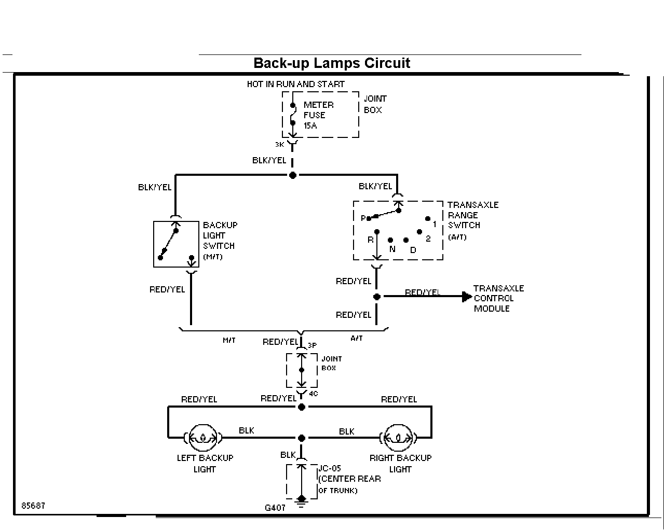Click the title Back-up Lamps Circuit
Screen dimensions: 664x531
[332, 63]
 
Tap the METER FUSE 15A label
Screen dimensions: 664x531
[318, 115]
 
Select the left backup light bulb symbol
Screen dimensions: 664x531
[203, 438]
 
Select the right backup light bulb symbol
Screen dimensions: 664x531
[398, 438]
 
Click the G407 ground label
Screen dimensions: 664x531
[275, 508]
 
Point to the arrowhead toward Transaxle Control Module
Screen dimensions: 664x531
[467, 297]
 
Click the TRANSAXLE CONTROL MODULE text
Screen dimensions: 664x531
[498, 298]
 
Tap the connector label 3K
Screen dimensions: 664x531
[279, 145]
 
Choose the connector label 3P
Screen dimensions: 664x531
[312, 345]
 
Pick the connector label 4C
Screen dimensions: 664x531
[313, 394]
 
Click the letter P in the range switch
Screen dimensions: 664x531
[363, 218]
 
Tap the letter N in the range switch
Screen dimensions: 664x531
[392, 249]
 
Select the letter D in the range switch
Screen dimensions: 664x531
[413, 250]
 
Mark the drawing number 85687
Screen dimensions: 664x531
[33, 506]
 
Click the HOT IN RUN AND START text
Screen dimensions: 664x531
[295, 84]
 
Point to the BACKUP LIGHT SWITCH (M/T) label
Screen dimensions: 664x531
[220, 241]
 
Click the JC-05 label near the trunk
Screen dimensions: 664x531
[330, 468]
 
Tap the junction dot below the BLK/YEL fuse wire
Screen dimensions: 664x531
[292, 175]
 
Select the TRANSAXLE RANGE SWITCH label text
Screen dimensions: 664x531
[473, 221]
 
